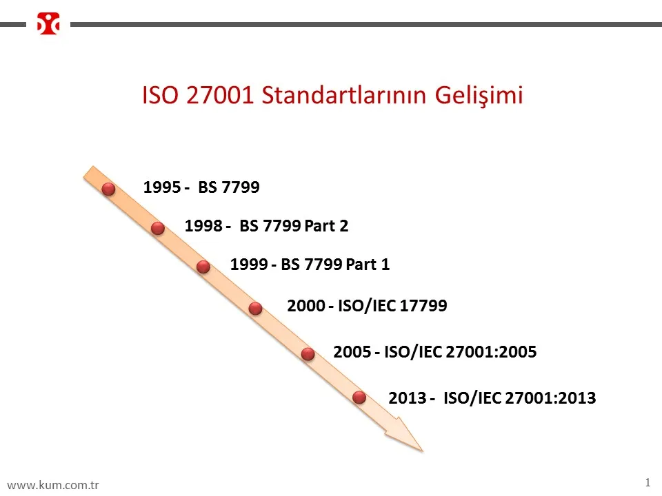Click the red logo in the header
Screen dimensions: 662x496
48,23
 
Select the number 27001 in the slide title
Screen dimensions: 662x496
219,95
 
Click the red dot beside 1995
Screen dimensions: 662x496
108,189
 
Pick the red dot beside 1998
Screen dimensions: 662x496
158,228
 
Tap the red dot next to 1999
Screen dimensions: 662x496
203,267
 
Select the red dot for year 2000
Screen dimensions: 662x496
255,309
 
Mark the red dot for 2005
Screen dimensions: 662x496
308,353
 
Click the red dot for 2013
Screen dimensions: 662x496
359,397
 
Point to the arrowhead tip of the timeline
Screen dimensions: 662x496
423,451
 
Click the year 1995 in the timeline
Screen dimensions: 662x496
162,187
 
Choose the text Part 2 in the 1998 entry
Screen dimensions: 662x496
326,226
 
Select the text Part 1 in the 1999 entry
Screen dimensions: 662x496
368,264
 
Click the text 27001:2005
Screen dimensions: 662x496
491,351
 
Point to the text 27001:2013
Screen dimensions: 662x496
550,397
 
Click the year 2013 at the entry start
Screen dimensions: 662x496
408,397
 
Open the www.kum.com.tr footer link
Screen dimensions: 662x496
53,484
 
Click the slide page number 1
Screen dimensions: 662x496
648,482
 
